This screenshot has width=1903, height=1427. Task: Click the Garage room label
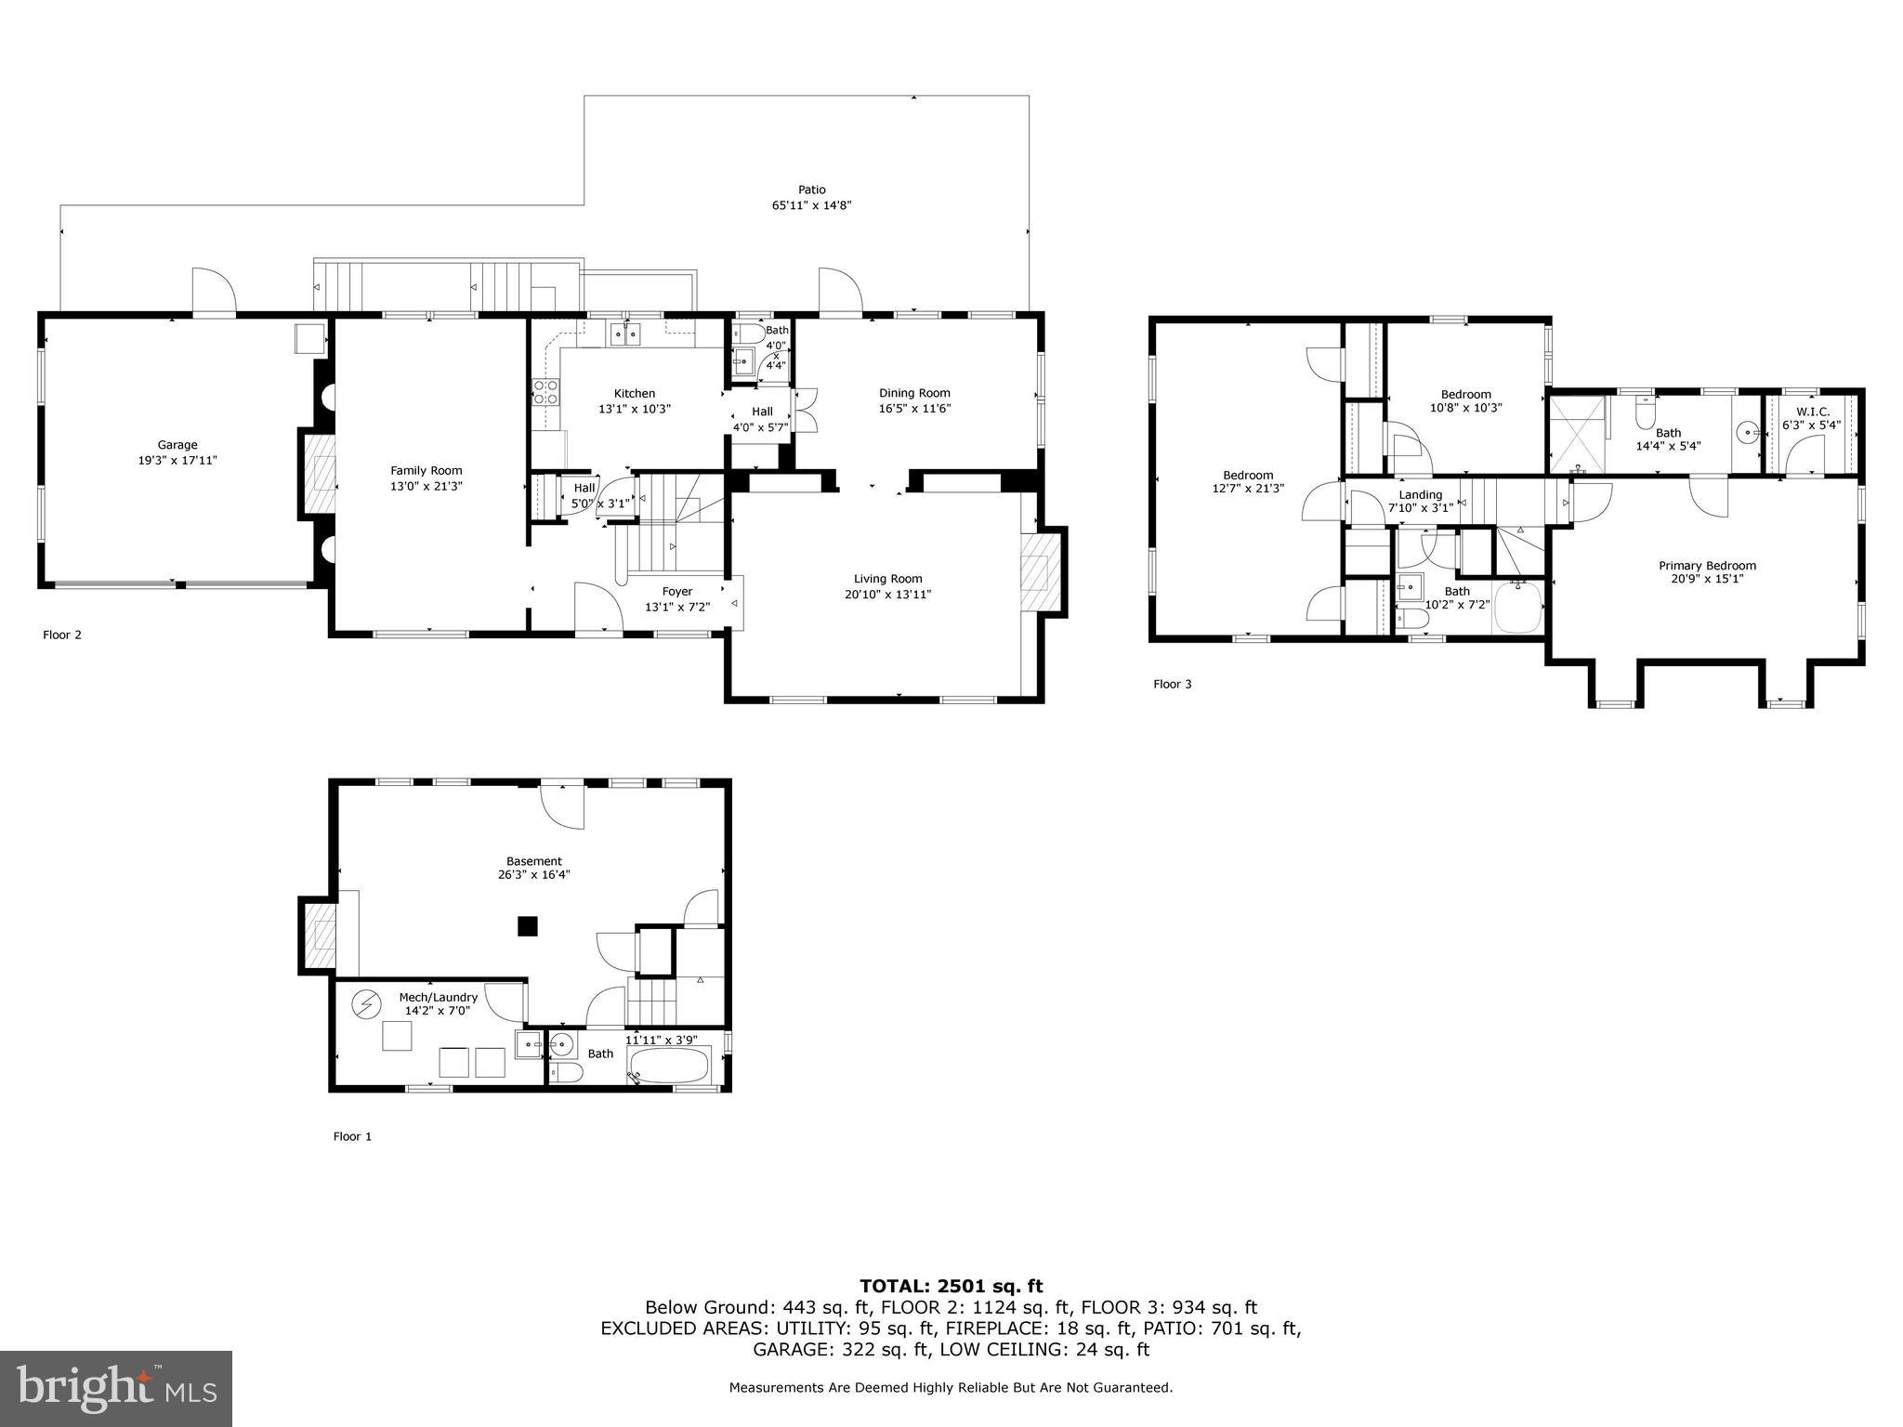(177, 445)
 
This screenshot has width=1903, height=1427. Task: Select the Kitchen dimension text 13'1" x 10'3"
(634, 409)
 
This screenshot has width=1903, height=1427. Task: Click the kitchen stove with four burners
(545, 393)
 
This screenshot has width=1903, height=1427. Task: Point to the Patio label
(811, 190)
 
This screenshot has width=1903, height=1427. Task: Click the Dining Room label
(914, 393)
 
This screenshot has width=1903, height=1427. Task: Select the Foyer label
(676, 591)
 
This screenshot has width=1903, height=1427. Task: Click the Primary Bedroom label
(1707, 565)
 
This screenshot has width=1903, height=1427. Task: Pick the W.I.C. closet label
(1812, 412)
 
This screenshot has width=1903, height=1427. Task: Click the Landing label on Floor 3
(1420, 494)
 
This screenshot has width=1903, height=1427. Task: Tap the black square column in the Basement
(528, 926)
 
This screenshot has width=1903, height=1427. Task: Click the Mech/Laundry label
(438, 997)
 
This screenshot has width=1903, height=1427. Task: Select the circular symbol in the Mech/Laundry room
(366, 1004)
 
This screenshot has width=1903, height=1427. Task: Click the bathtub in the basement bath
(669, 1066)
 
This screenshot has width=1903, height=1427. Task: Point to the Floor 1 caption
(352, 1135)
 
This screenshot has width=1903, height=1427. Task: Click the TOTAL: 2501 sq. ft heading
(951, 1286)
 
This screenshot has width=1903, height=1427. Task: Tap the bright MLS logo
(116, 1388)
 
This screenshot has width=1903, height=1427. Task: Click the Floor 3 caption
(1172, 684)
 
